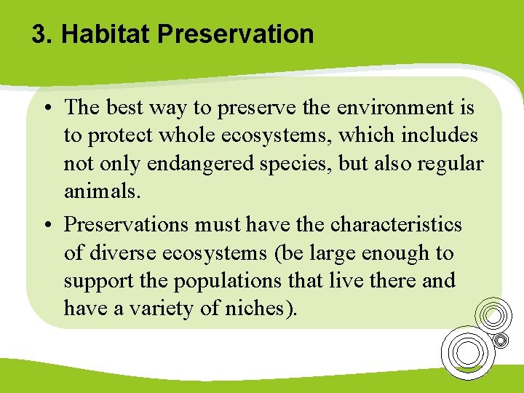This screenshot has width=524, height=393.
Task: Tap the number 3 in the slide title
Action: [39, 34]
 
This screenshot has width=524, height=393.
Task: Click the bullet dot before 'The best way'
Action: [46, 109]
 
